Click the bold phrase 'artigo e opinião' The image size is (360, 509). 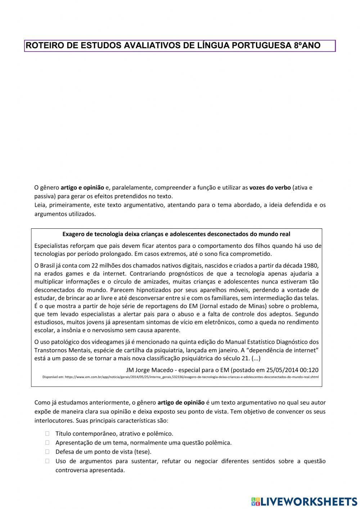point(82,187)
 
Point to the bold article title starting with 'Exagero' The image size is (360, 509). point(176,234)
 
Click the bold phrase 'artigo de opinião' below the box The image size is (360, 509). point(181,402)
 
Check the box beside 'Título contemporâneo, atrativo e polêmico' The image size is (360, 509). point(48,434)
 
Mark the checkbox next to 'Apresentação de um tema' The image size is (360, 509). point(48,443)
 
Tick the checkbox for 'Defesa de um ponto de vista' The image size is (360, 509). point(48,452)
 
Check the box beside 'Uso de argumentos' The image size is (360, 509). point(48,461)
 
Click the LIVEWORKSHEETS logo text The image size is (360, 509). point(308,501)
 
